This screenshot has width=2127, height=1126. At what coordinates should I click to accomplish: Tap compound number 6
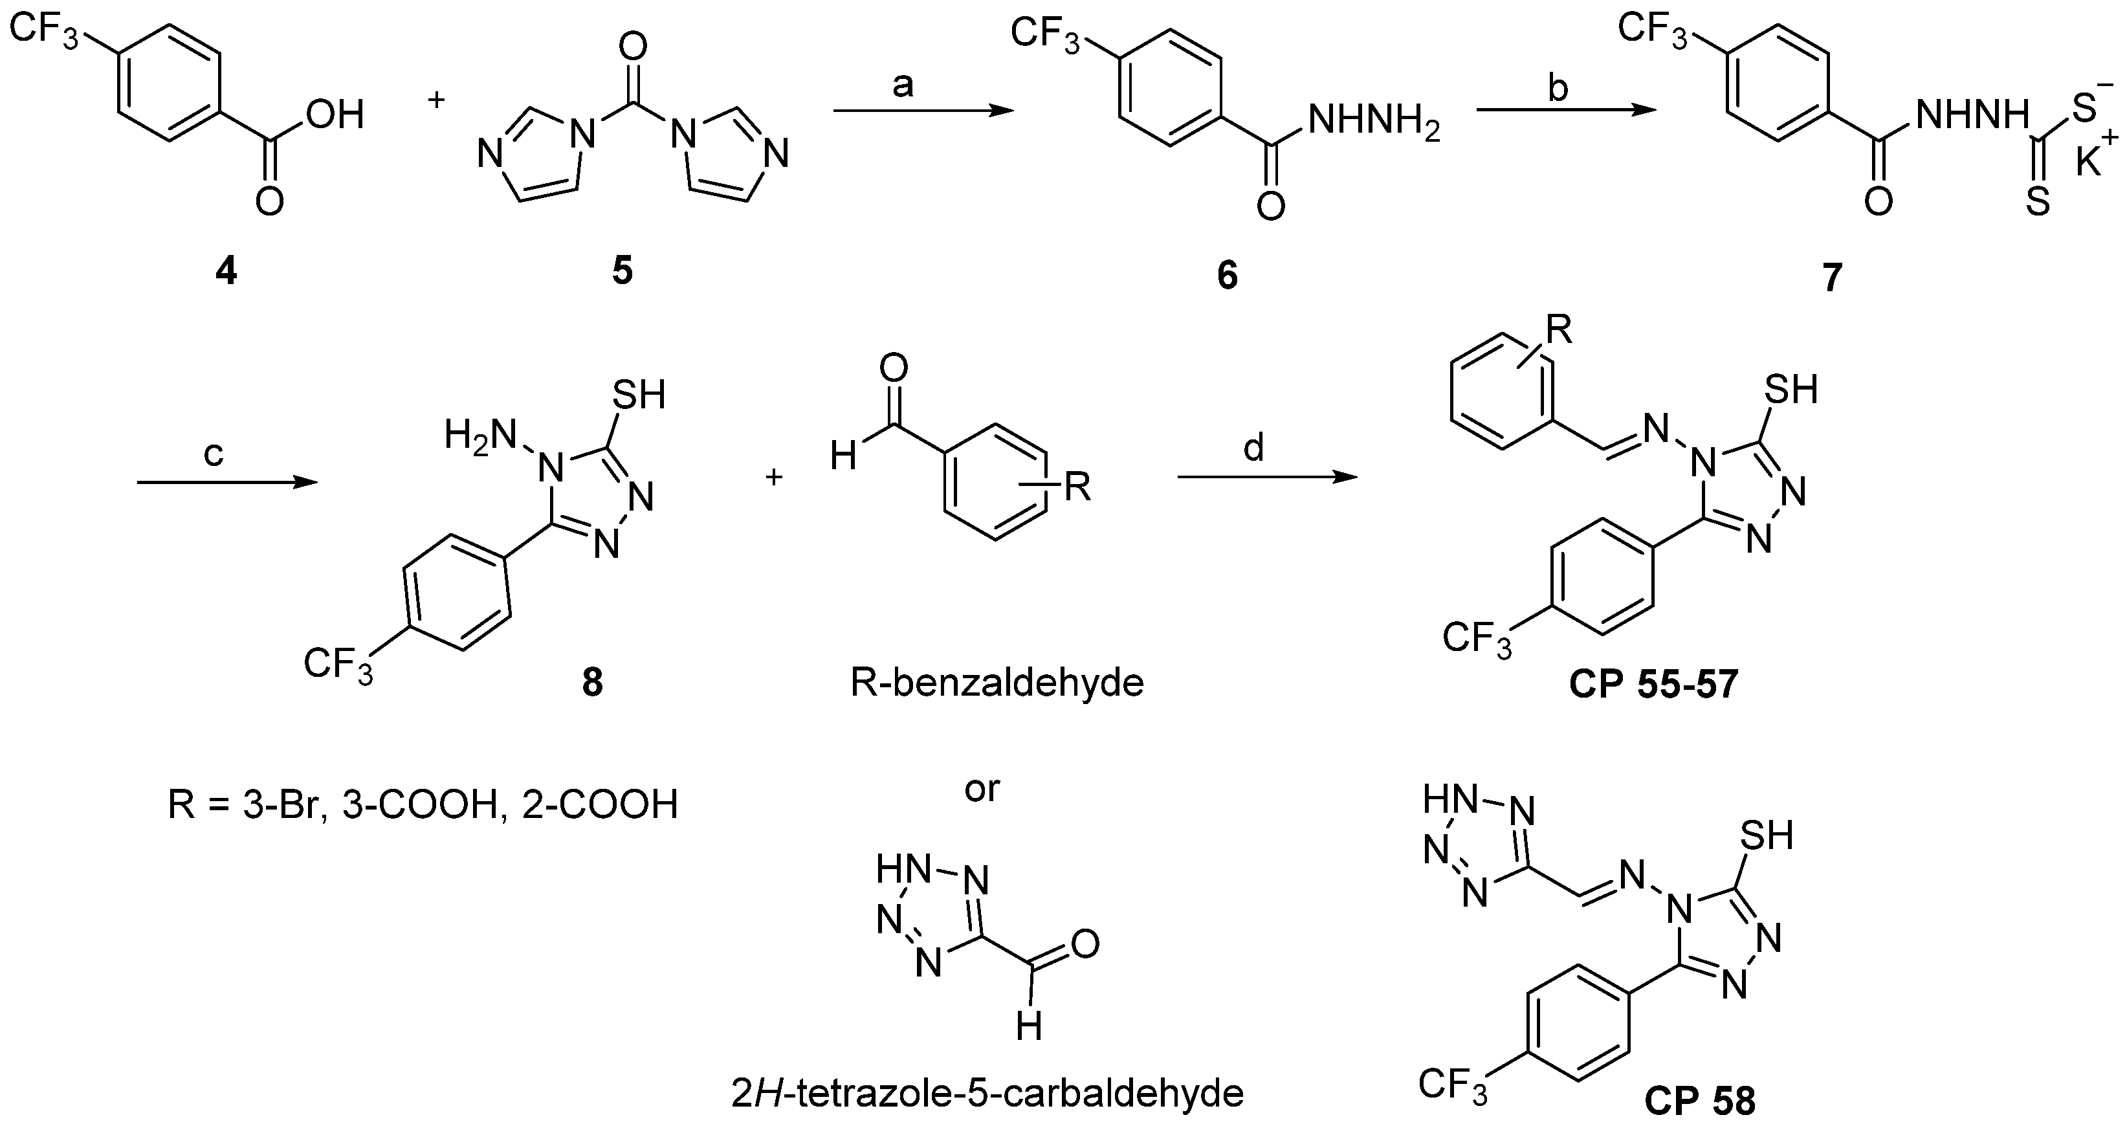coord(1227,276)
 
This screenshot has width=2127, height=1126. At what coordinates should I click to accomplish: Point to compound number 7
coord(1831,278)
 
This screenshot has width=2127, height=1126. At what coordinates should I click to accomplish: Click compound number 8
coord(592,683)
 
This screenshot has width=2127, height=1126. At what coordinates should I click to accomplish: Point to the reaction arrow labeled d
coord(1268,477)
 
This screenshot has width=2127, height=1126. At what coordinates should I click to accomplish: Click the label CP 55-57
coord(1654,685)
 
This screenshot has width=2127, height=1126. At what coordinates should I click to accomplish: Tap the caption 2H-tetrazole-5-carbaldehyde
coord(987,1094)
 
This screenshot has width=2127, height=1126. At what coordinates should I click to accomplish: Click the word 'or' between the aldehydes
coord(982,790)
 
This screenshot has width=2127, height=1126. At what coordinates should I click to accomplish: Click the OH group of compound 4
coord(335,115)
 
